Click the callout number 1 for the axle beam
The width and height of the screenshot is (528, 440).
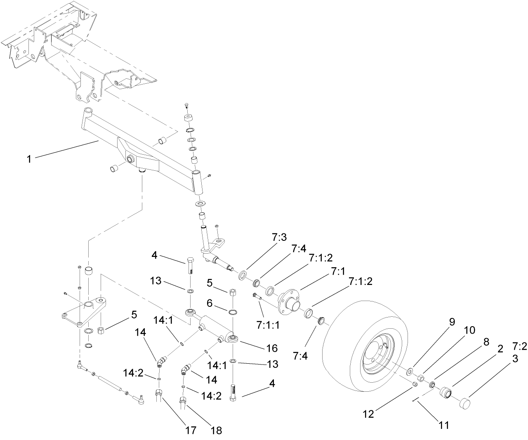coord(29,159)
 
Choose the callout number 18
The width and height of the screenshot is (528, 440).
coord(216,430)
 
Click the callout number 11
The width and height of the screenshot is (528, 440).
coord(443,425)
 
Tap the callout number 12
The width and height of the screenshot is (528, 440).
coord(368,414)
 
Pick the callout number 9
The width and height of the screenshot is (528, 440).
coord(452,322)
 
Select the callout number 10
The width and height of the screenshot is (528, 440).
coord(469,330)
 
